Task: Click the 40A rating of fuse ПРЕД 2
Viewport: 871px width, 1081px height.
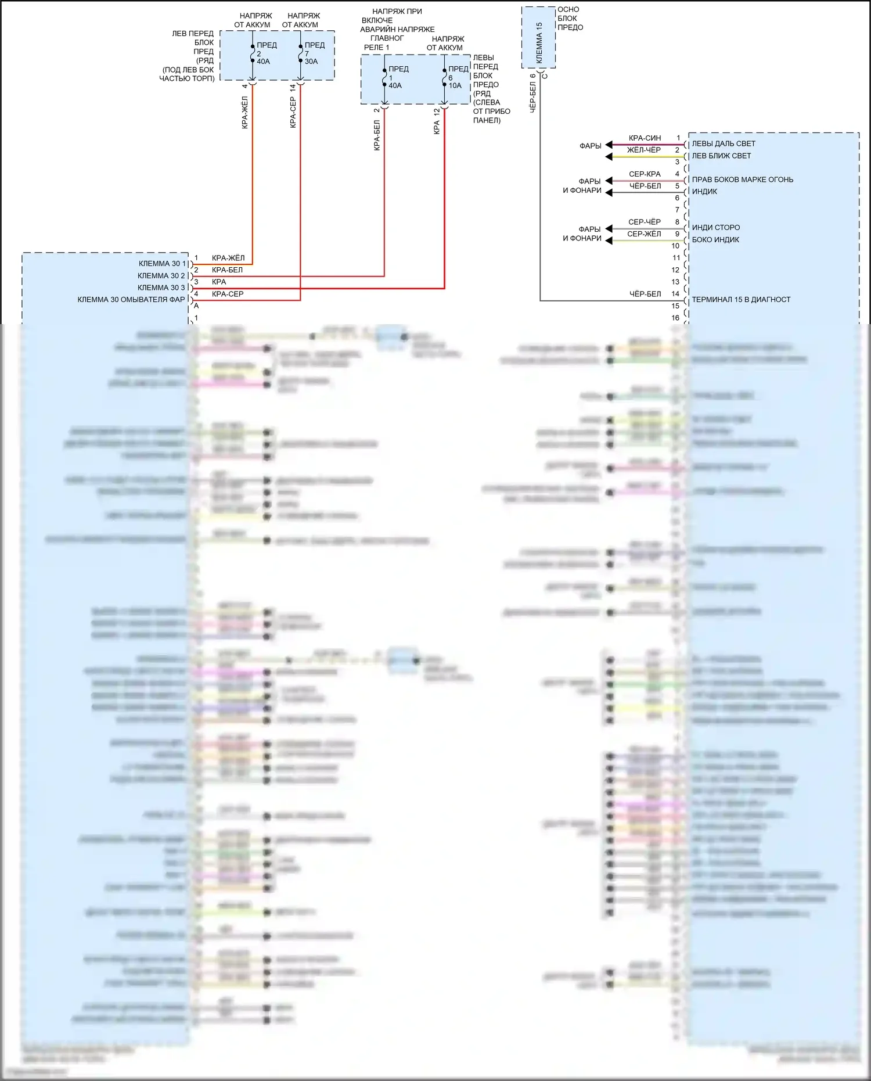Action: point(263,62)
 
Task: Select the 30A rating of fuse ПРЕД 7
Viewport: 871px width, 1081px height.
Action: point(311,62)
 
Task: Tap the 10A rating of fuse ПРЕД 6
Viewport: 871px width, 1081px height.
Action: point(455,86)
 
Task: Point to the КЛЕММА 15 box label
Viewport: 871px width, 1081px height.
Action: point(539,43)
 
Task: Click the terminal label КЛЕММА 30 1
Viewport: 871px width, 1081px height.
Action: point(162,264)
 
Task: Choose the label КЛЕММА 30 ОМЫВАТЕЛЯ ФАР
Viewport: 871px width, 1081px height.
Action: point(131,300)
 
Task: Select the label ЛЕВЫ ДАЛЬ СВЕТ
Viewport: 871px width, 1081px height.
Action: point(724,143)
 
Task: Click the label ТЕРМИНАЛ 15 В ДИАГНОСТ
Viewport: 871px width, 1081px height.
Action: point(741,300)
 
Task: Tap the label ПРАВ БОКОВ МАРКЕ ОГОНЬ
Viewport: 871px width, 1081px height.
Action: point(742,179)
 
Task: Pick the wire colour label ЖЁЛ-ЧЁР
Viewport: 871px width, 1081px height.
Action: point(644,150)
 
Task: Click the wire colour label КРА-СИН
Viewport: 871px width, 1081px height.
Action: point(645,138)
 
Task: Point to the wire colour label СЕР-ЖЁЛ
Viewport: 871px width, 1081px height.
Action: point(644,234)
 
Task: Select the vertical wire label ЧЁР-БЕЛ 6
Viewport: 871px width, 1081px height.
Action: point(533,93)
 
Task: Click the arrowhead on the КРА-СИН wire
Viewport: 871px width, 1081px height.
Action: point(609,145)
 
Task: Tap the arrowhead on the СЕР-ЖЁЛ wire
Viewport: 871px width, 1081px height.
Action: point(609,240)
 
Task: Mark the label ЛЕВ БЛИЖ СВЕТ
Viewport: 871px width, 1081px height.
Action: point(721,156)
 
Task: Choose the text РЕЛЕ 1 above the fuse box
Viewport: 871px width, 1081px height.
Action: point(376,48)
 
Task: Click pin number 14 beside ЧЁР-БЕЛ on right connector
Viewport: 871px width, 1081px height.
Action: point(675,294)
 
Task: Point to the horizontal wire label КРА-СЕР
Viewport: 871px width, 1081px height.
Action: point(228,294)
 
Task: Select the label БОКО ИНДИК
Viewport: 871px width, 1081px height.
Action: point(715,239)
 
